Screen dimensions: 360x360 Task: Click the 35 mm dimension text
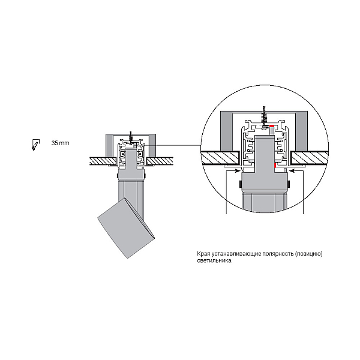pyautogui.click(x=60, y=143)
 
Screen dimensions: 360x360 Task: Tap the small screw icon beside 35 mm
pyautogui.click(x=35, y=145)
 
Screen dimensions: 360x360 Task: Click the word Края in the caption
pyautogui.click(x=203, y=254)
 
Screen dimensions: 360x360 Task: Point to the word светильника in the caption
pyautogui.click(x=214, y=261)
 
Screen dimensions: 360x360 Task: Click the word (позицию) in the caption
pyautogui.click(x=308, y=254)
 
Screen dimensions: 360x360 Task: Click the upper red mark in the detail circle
pyautogui.click(x=272, y=126)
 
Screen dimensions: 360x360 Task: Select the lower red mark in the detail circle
pyautogui.click(x=275, y=166)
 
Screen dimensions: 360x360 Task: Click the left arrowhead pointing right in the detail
pyautogui.click(x=238, y=170)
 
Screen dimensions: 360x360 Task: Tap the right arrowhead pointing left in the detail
pyautogui.click(x=293, y=170)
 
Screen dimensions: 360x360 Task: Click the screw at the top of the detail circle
pyautogui.click(x=264, y=116)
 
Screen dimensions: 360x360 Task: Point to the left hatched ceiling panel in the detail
pyautogui.click(x=220, y=158)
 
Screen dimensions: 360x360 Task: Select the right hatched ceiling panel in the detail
pyautogui.click(x=310, y=158)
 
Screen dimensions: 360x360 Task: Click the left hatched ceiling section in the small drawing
pyautogui.click(x=103, y=161)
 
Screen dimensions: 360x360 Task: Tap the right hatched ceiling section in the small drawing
pyautogui.click(x=160, y=161)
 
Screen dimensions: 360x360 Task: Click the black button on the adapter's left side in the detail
pyautogui.click(x=240, y=184)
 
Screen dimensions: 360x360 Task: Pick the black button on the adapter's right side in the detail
pyautogui.click(x=289, y=184)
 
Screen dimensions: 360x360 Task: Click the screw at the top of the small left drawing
pyautogui.click(x=131, y=137)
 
